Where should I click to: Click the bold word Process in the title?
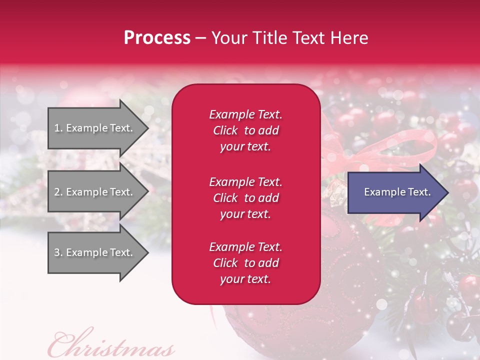pyautogui.click(x=157, y=38)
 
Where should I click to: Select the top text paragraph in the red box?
pyautogui.click(x=245, y=130)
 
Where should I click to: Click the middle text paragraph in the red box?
pyautogui.click(x=245, y=198)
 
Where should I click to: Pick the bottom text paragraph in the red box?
pyautogui.click(x=245, y=263)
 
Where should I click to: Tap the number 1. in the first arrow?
pyautogui.click(x=58, y=128)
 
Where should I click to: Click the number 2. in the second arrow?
pyautogui.click(x=58, y=192)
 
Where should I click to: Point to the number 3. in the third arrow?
pyautogui.click(x=58, y=252)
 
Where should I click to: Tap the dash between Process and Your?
pyautogui.click(x=200, y=38)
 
